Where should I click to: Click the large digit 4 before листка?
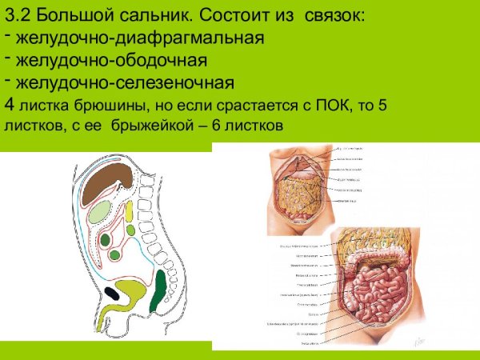coord(9,106)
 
